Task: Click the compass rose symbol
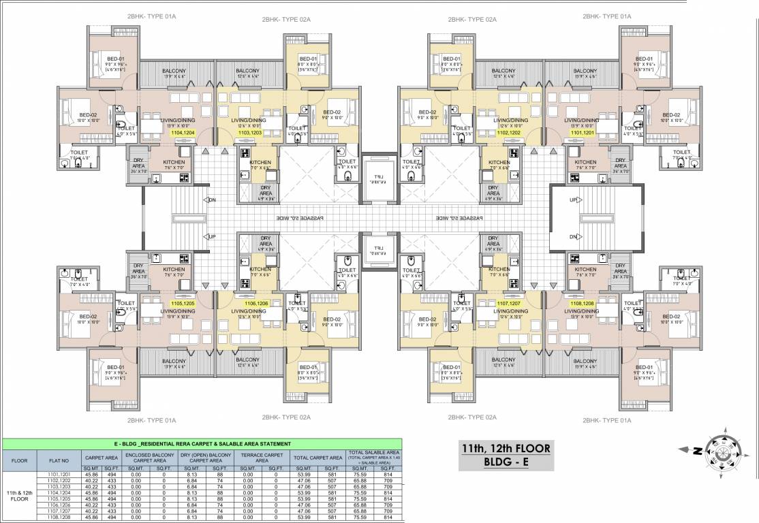[724, 450]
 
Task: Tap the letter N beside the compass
[697, 450]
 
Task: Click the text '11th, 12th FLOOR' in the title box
[505, 449]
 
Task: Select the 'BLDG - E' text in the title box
[505, 463]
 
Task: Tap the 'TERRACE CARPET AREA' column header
[262, 458]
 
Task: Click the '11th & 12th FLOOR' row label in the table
[19, 495]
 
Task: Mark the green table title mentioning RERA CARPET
[204, 443]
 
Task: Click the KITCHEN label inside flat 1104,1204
[173, 163]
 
